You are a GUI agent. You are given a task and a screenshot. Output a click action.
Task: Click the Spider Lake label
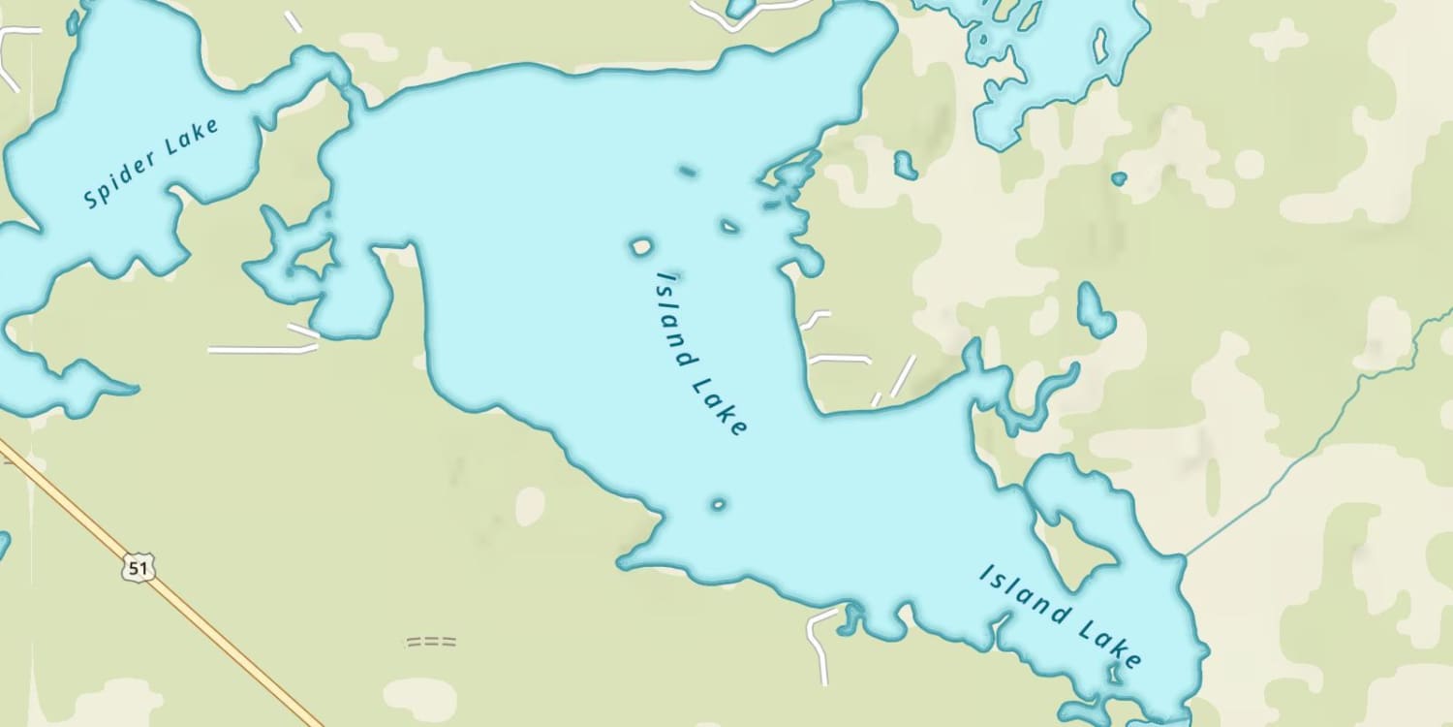point(152,162)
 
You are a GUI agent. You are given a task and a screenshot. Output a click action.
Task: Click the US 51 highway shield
point(139,568)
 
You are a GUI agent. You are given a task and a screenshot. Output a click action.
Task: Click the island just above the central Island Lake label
point(640,247)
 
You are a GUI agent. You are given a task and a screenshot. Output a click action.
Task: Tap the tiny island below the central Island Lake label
point(718,504)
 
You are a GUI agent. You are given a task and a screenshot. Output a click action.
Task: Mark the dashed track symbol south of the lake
point(430,642)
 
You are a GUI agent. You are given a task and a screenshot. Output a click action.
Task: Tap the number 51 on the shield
point(139,568)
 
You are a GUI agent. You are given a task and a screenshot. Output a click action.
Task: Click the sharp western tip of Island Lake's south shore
point(622,561)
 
